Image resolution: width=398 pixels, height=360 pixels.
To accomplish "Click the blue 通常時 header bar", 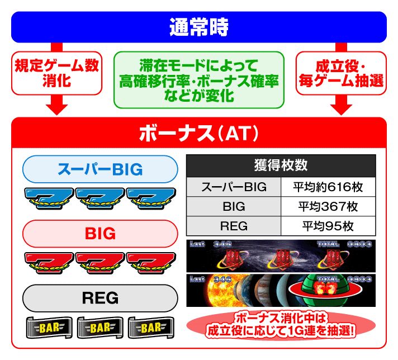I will point(199,27).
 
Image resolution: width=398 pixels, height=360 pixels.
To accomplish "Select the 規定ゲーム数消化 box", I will point(56,73).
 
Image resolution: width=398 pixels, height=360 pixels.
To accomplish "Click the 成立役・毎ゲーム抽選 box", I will point(341,73).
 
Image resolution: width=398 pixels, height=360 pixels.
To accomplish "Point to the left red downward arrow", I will point(56,103).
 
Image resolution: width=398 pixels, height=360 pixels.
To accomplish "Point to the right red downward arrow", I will point(340,103).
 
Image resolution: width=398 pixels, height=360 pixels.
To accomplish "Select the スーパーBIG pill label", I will point(101,169).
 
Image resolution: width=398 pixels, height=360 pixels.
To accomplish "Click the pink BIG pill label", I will point(101,234).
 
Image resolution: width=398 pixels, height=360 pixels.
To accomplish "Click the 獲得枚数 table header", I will point(281,166).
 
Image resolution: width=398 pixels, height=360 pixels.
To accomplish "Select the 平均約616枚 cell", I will point(328,187).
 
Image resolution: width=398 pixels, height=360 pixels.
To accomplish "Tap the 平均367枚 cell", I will point(328,206).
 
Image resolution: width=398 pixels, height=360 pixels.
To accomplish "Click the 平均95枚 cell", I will point(328,226).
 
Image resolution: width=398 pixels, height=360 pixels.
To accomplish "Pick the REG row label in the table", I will point(234,226).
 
